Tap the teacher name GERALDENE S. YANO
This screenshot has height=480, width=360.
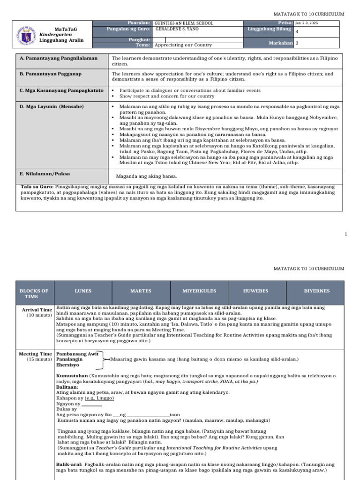[x=174, y=29]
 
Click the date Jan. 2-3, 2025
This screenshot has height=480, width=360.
[x=307, y=23]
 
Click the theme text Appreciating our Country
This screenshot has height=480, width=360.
[x=183, y=45]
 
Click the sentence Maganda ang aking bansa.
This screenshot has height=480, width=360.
[x=147, y=176]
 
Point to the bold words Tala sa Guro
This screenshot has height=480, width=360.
[x=37, y=187]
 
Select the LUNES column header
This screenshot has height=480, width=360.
[x=83, y=291]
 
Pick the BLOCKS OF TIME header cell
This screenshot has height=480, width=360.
[x=34, y=293]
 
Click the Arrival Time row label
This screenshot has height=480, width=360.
[x=37, y=310]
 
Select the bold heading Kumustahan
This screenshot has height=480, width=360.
[x=72, y=376]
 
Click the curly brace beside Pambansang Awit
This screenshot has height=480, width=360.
[x=104, y=360]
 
